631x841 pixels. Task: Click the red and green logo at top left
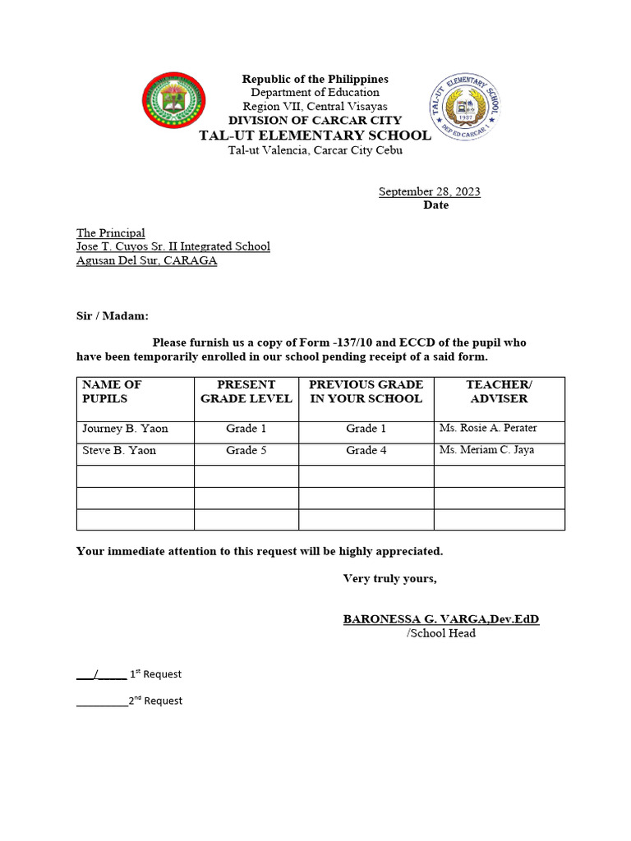(174, 100)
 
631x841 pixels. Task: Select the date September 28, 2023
(429, 191)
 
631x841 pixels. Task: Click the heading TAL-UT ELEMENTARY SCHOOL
(315, 136)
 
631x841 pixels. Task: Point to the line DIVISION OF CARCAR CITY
(315, 120)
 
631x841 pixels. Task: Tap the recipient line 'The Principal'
(111, 233)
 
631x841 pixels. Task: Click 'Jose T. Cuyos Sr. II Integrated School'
(173, 246)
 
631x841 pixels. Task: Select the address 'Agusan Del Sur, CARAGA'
(146, 260)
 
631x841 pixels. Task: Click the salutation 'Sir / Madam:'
(113, 315)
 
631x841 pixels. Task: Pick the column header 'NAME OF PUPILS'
(112, 392)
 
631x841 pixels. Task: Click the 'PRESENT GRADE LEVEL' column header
(246, 392)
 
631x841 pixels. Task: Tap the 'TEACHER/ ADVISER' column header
(499, 392)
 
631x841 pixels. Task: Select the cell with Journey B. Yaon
(125, 429)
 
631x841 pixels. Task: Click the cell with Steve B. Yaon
(119, 450)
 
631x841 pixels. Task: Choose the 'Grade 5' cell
(246, 450)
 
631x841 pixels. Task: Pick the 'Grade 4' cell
(366, 450)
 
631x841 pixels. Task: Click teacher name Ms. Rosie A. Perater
(488, 429)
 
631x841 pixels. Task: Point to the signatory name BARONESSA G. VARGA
(440, 618)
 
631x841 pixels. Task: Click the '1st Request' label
(155, 674)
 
